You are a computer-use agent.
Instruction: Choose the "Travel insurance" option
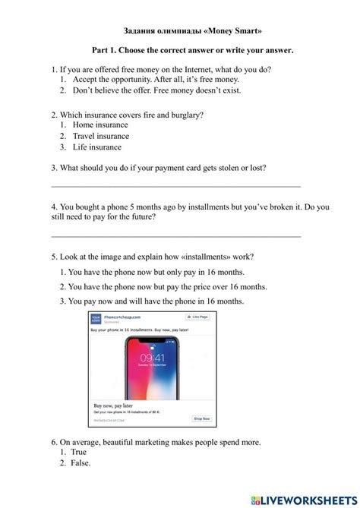tap(101, 136)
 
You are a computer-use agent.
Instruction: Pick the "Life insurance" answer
tap(96, 147)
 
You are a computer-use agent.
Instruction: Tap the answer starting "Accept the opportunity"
tap(155, 79)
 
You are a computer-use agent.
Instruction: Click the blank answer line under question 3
tap(175, 185)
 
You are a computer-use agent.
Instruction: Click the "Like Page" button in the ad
tap(199, 317)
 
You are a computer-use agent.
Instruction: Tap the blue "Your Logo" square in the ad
tap(97, 319)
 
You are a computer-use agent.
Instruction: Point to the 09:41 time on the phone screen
tap(151, 356)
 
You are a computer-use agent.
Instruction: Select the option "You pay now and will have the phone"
tap(156, 301)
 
